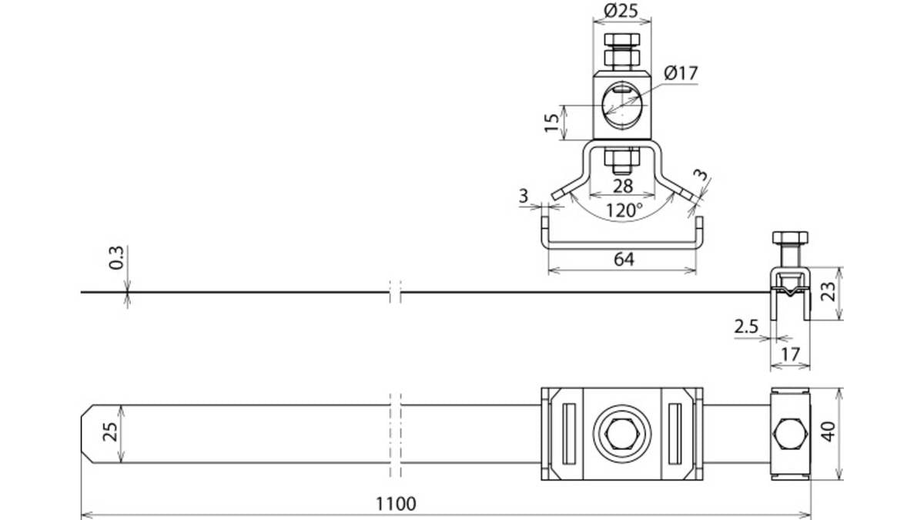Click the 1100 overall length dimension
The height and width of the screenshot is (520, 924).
click(396, 504)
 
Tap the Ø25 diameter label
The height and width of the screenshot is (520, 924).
click(621, 11)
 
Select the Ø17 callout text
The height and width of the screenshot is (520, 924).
click(681, 73)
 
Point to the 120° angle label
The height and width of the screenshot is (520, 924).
click(624, 210)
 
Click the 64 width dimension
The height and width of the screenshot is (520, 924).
click(624, 259)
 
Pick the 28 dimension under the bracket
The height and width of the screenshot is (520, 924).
click(622, 186)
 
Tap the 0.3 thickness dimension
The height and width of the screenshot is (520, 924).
click(116, 258)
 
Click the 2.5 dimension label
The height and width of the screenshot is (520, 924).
click(746, 327)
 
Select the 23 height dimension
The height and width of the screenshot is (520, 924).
click(829, 291)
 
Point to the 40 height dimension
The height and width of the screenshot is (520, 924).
click(829, 431)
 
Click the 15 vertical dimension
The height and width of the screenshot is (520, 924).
click(551, 122)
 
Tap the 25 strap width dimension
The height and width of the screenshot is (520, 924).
click(110, 431)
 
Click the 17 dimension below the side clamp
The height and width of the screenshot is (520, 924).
click(790, 354)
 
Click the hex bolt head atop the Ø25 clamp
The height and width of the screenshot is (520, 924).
click(622, 39)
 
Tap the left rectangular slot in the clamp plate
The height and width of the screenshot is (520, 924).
click(569, 434)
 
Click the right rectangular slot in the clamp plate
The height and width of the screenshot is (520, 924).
click(675, 434)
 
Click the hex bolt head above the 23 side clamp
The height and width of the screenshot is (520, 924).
click(790, 238)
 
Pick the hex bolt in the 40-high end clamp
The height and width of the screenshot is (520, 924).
click(790, 434)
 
